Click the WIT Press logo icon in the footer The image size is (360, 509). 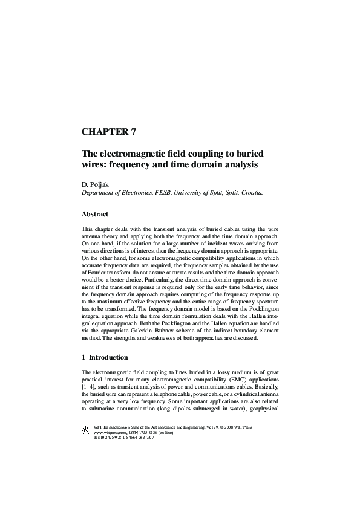click(84, 430)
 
